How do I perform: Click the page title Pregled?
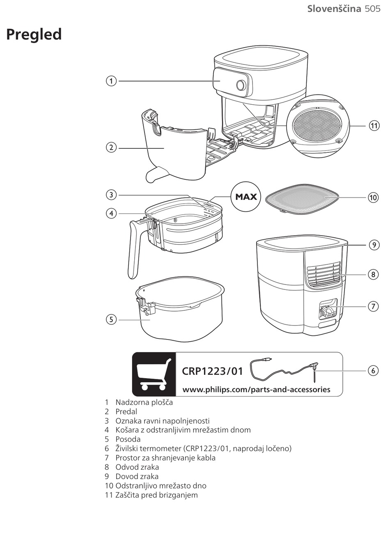(x=34, y=34)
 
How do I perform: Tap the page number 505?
(x=372, y=9)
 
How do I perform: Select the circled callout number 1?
(x=111, y=81)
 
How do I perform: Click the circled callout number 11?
(x=374, y=126)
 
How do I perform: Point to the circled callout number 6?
(x=373, y=370)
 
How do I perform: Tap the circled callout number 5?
(x=111, y=319)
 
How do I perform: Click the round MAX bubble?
(x=246, y=197)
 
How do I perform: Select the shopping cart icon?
(x=154, y=374)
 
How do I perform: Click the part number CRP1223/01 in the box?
(x=212, y=372)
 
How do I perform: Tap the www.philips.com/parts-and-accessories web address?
(x=256, y=390)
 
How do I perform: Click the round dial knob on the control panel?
(x=241, y=85)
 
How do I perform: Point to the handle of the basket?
(x=134, y=250)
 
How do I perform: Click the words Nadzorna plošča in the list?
(x=144, y=402)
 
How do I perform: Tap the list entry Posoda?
(x=128, y=439)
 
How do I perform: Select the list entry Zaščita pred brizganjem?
(x=156, y=495)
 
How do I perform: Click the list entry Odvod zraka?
(x=137, y=467)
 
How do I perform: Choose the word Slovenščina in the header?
(x=334, y=9)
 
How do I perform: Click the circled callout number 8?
(x=373, y=274)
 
